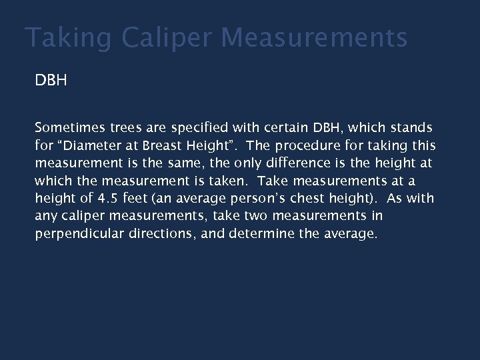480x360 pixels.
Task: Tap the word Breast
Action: point(173,146)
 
